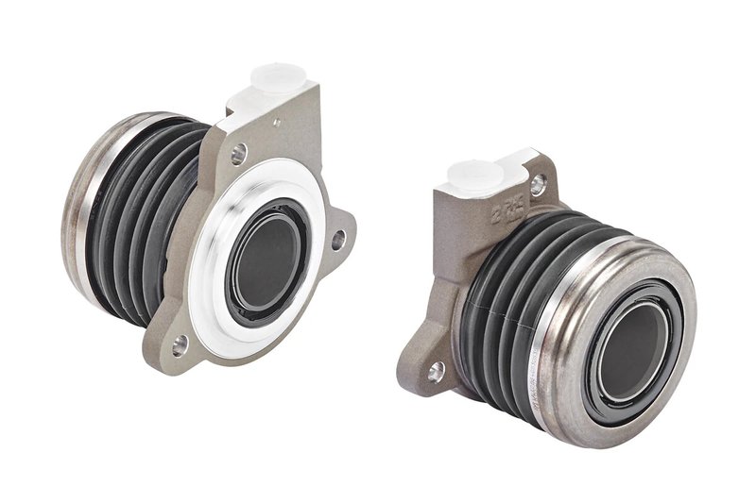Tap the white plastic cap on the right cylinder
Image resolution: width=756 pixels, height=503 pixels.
[473, 174]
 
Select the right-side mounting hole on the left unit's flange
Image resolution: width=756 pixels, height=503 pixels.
[337, 240]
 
